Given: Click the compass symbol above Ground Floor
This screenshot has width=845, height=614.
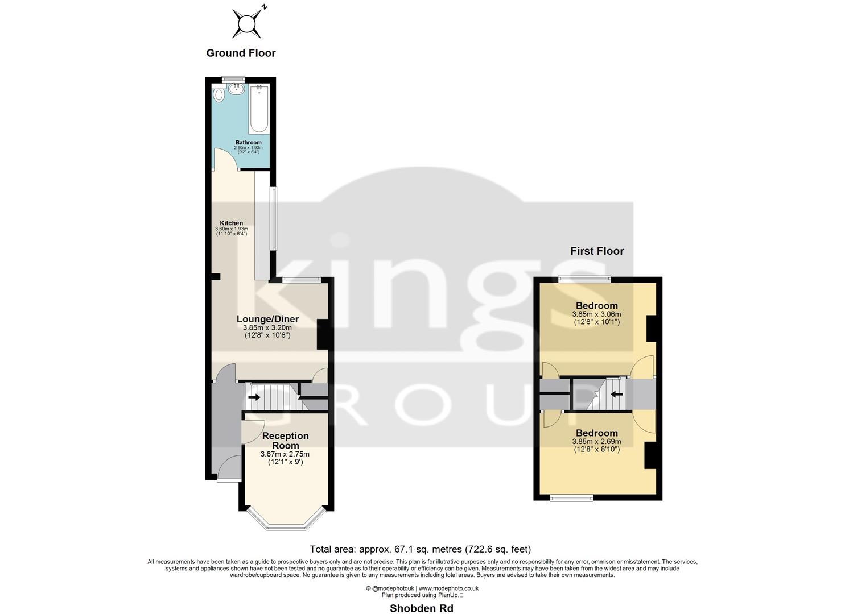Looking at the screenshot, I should [247, 23].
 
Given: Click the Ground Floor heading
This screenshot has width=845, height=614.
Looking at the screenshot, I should [241, 53].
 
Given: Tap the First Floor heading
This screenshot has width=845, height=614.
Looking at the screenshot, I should [597, 251].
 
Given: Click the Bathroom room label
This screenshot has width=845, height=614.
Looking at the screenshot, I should [249, 143].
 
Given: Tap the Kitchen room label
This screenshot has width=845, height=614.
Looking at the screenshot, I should [232, 223].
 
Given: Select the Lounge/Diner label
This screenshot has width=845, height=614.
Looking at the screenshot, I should [267, 319].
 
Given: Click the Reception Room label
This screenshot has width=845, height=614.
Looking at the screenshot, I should [285, 441].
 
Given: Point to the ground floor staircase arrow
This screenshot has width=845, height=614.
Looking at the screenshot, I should [254, 397].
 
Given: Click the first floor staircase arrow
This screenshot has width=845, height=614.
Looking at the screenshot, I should [616, 393].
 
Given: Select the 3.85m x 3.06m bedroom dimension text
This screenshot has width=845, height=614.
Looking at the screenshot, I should [596, 314].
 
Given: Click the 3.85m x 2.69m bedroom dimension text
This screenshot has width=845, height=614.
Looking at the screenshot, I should [596, 442].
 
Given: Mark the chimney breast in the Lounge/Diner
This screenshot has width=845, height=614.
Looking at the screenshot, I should [322, 334].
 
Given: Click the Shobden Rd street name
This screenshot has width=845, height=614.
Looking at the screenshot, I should [421, 608].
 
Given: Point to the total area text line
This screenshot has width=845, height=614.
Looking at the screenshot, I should [420, 549].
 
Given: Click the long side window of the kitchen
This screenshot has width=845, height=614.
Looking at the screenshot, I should [274, 219].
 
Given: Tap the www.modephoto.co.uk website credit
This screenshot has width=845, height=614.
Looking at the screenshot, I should [448, 588].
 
